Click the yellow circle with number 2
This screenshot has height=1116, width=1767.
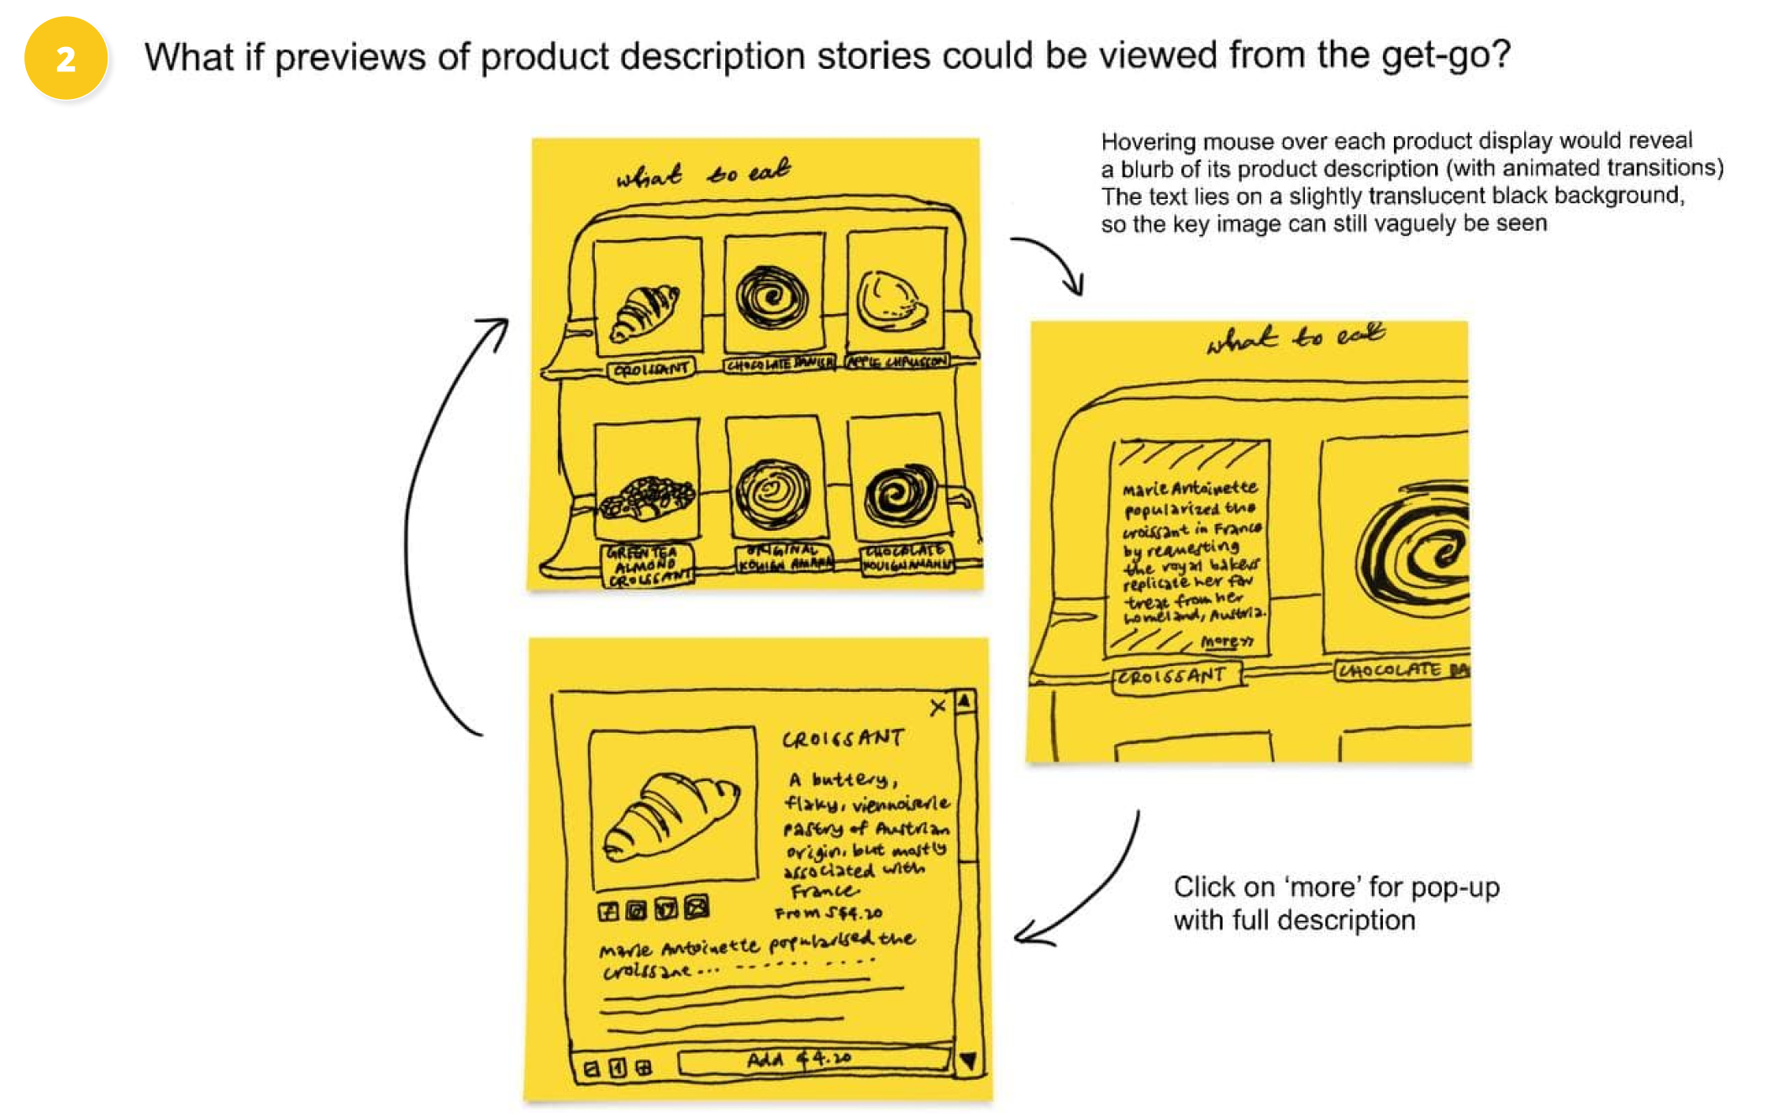click(x=66, y=58)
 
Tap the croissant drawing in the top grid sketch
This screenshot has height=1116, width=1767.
click(x=645, y=312)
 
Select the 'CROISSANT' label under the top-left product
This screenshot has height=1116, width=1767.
click(x=651, y=369)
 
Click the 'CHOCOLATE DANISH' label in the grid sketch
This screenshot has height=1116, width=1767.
click(x=780, y=364)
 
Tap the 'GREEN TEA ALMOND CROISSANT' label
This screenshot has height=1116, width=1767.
click(x=647, y=565)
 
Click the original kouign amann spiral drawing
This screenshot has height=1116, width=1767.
click(x=773, y=493)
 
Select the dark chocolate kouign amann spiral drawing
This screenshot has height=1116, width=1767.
click(x=901, y=494)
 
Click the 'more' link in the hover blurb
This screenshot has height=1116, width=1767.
click(x=1226, y=642)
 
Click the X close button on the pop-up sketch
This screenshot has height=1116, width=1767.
click(x=938, y=708)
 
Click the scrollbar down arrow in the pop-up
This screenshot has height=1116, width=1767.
click(x=969, y=1061)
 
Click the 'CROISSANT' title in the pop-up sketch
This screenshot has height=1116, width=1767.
click(x=843, y=739)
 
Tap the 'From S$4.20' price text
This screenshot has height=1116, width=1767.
click(x=828, y=913)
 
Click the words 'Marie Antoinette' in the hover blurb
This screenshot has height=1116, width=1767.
click(x=1190, y=488)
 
